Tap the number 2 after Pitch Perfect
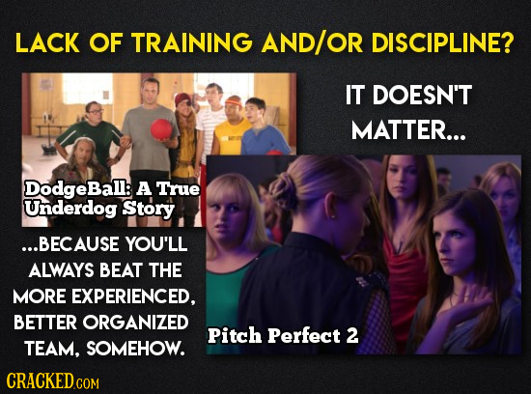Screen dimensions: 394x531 click(x=351, y=337)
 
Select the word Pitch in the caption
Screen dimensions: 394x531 click(x=233, y=337)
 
